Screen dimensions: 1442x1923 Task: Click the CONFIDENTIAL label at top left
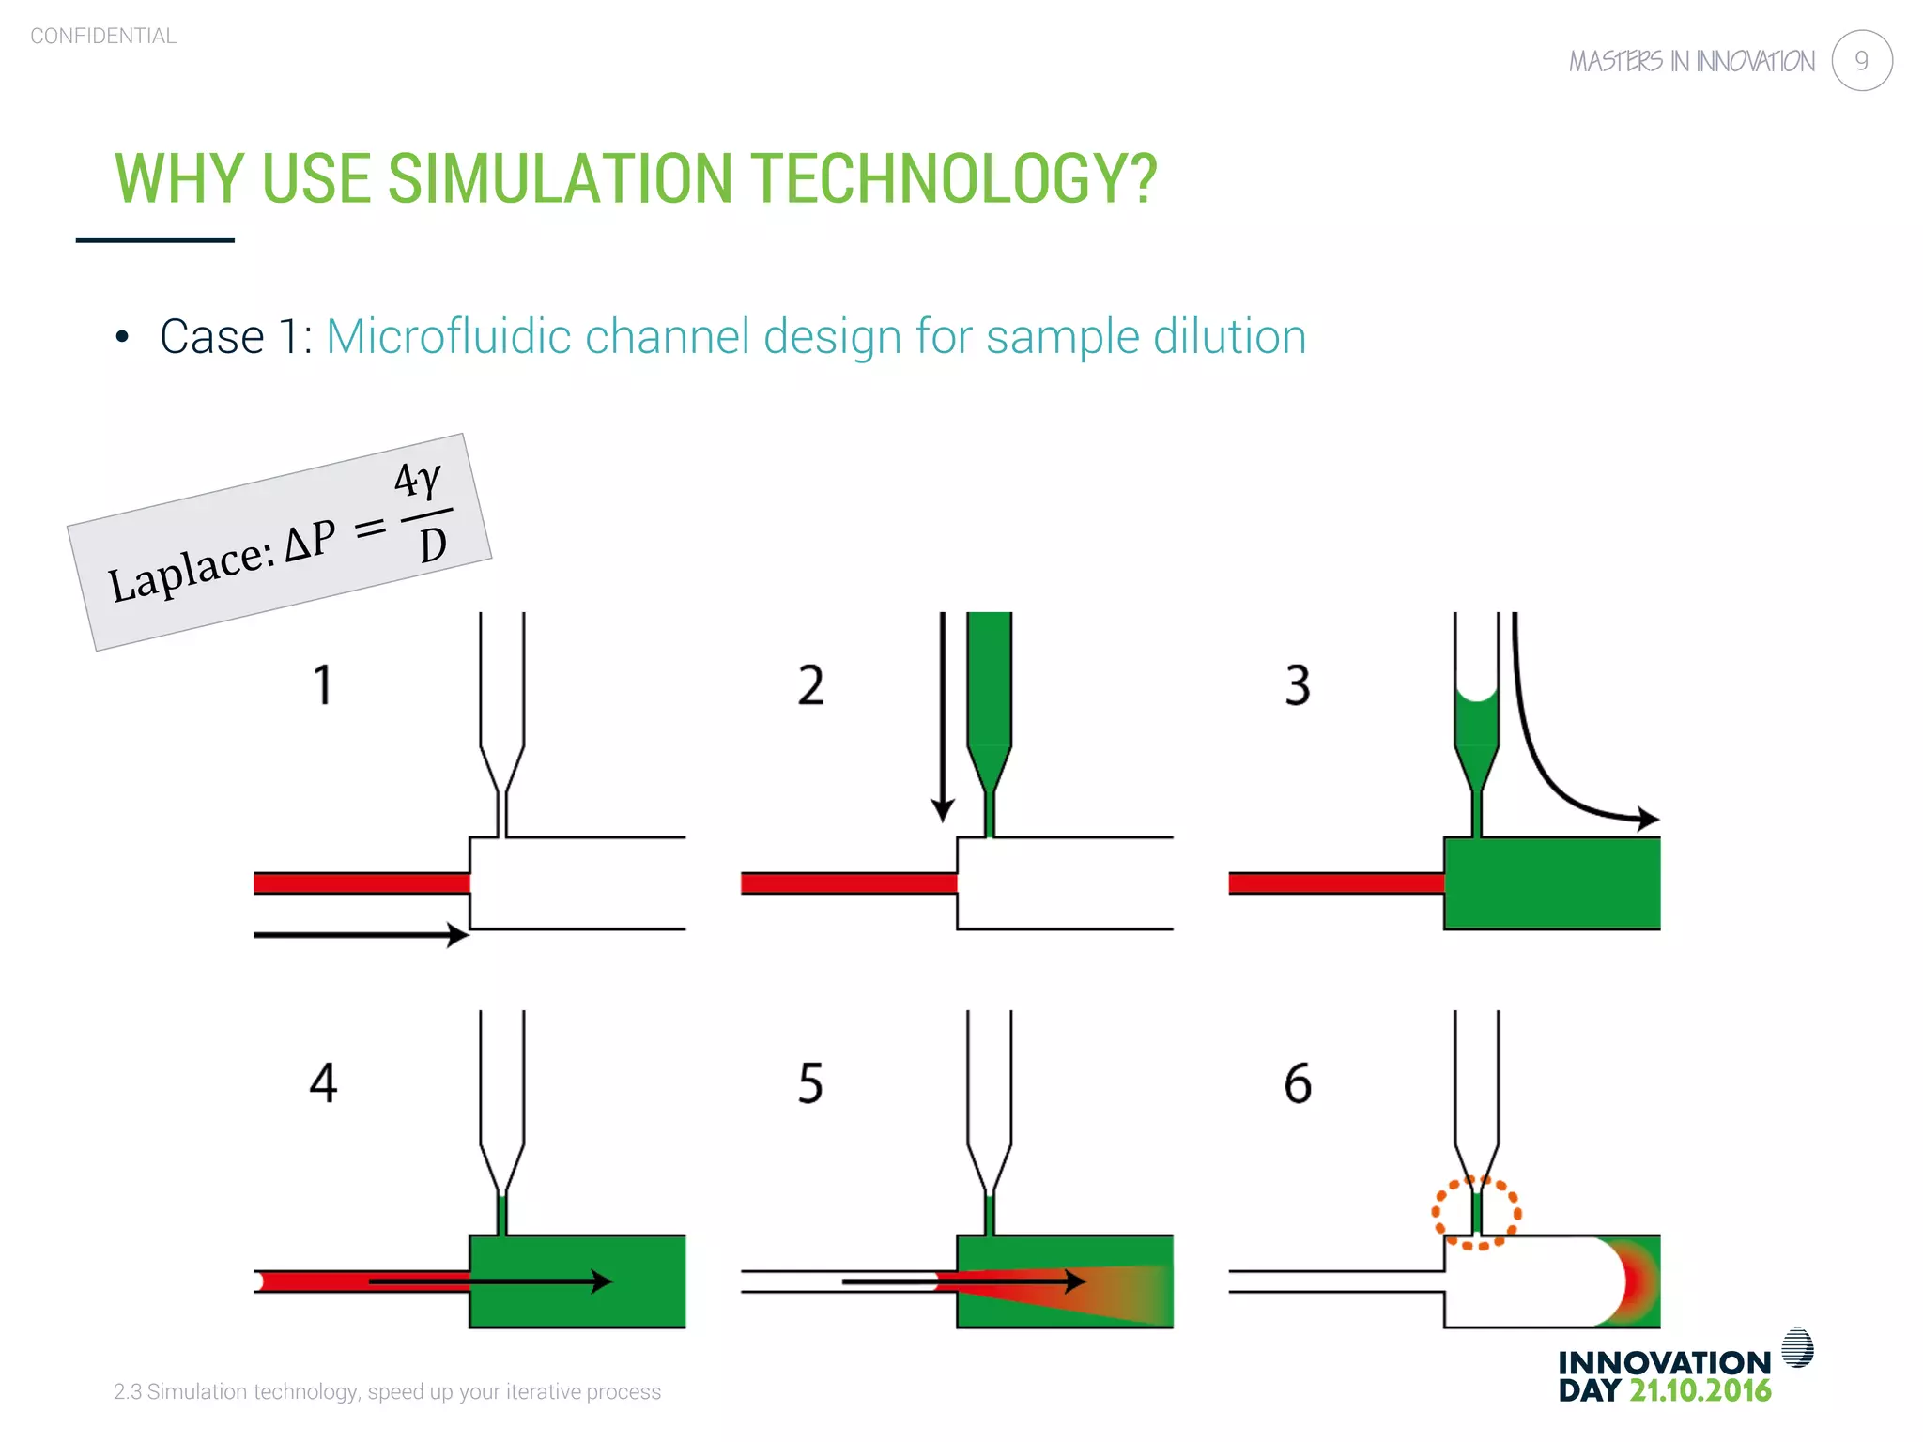(x=103, y=36)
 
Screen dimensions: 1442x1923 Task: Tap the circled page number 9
(x=1861, y=61)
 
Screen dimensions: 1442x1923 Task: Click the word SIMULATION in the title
(x=560, y=178)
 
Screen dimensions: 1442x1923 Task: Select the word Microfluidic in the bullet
(x=448, y=336)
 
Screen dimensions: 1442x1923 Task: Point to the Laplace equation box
(x=279, y=543)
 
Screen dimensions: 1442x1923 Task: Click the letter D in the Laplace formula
(x=433, y=545)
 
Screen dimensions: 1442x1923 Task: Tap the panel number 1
(x=322, y=684)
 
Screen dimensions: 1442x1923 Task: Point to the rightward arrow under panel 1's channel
(x=362, y=934)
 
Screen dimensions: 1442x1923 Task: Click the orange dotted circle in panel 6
(x=1475, y=1212)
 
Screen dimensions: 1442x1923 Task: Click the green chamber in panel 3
(x=1551, y=883)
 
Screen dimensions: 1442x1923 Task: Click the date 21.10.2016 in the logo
(x=1700, y=1390)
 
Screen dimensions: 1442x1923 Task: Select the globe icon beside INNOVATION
(x=1796, y=1347)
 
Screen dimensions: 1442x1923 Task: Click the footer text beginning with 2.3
(x=387, y=1391)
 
